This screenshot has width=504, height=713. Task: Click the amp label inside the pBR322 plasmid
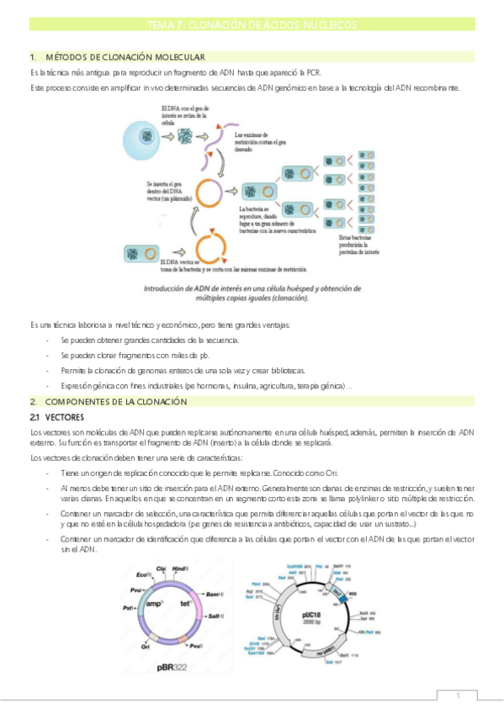coord(154,604)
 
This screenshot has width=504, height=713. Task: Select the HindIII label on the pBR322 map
coord(182,569)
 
